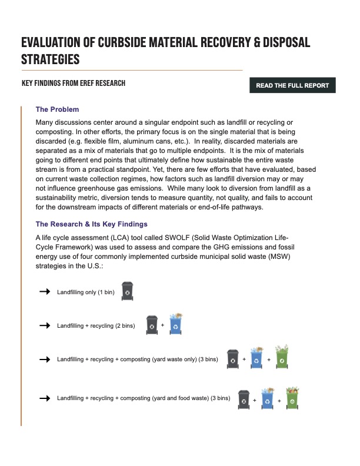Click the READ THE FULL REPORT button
coord(292,85)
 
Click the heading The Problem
coord(57,109)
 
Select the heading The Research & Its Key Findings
coord(91,224)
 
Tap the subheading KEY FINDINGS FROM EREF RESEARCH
coord(74,84)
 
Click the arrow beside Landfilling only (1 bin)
coord(44,291)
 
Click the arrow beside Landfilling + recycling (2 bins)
coord(44,325)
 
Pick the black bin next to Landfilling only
coord(127,291)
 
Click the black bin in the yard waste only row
coord(232,359)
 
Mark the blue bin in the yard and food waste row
coord(267,398)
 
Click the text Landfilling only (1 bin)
coord(85,292)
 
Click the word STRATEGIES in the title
coord(50,59)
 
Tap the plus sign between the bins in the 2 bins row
coord(162,325)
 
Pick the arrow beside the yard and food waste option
coord(44,398)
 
